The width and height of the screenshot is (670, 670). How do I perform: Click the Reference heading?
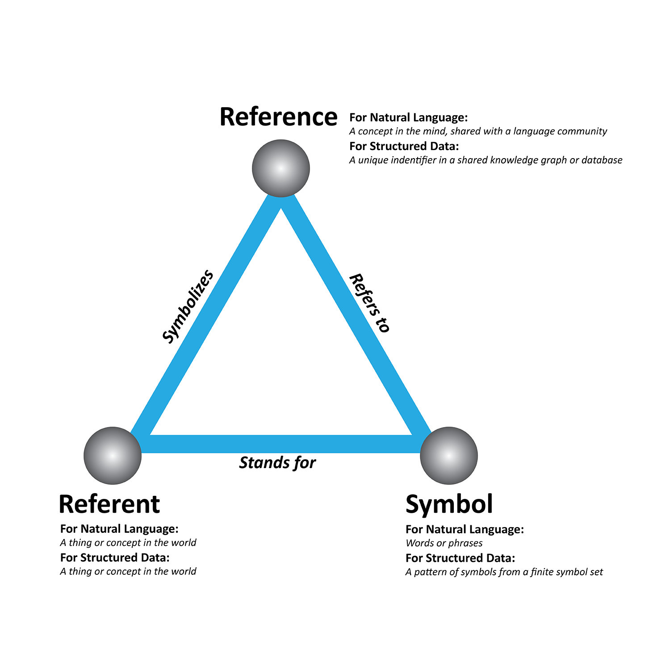tap(278, 117)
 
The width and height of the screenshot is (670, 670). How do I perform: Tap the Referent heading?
tap(109, 504)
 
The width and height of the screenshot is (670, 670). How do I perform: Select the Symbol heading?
tap(449, 504)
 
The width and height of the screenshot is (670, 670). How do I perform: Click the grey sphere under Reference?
tap(281, 168)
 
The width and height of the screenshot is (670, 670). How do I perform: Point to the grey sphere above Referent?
tap(113, 456)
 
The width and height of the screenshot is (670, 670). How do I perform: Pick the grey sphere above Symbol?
tap(449, 456)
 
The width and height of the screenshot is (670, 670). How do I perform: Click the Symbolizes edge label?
tap(188, 307)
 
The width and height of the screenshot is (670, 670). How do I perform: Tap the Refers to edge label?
tap(369, 303)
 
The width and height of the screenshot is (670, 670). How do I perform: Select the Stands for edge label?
tap(277, 463)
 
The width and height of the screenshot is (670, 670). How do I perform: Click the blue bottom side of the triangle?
tap(281, 444)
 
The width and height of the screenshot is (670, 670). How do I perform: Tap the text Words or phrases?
tap(444, 543)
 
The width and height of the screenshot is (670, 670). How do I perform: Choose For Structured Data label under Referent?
tap(115, 558)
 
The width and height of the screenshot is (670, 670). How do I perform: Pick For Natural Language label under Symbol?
tap(465, 529)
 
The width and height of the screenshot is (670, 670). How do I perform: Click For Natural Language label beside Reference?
tap(408, 117)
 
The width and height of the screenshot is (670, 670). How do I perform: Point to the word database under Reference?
tap(602, 160)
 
